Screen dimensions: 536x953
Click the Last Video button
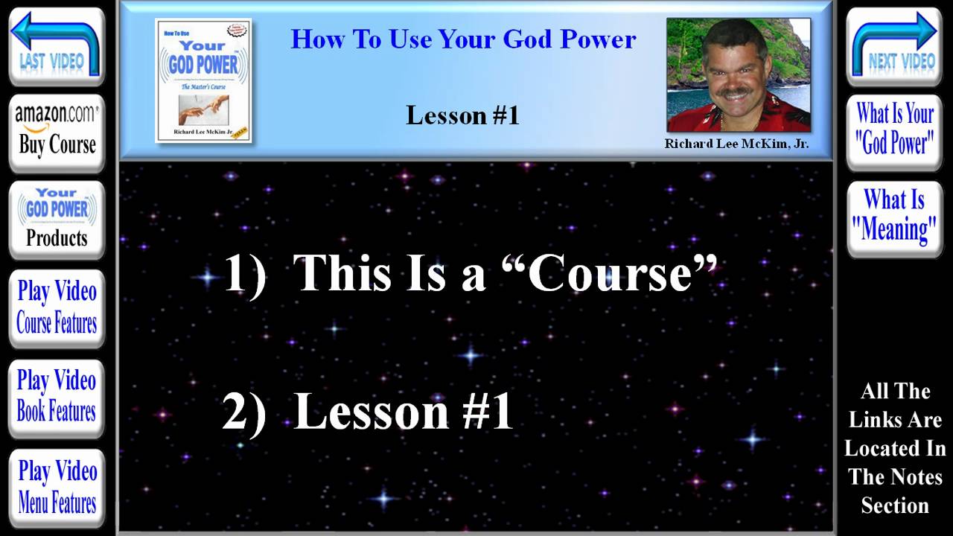57,46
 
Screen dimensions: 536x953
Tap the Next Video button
895,46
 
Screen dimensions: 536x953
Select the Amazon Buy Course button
57,131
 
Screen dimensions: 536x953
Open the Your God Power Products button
57,219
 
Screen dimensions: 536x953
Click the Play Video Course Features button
57,307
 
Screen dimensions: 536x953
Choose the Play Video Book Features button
57,396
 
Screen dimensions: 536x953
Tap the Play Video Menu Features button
57,486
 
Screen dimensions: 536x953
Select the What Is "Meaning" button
895,216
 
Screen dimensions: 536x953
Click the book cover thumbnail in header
203,80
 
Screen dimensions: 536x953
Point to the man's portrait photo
738,74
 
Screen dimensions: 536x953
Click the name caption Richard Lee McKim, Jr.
736,144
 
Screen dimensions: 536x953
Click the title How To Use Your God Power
463,39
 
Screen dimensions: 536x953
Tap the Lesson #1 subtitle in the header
462,115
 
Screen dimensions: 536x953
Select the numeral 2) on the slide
244,411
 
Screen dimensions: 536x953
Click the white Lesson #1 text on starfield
404,411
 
